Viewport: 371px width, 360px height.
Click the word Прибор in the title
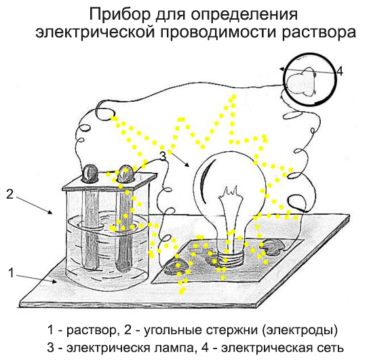point(120,15)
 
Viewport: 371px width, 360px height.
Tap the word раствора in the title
point(319,33)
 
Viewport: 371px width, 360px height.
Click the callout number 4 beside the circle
point(340,71)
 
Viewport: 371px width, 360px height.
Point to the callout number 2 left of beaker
point(9,194)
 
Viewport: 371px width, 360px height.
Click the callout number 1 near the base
point(11,273)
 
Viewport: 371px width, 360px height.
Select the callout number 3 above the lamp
point(163,157)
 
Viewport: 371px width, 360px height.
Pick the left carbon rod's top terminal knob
point(90,173)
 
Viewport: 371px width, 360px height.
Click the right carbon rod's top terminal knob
point(125,174)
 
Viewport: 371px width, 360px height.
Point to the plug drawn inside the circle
point(300,82)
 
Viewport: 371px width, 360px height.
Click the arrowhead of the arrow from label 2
point(50,212)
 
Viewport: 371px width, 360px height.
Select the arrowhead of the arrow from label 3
point(187,164)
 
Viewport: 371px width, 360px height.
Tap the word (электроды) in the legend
point(300,330)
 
